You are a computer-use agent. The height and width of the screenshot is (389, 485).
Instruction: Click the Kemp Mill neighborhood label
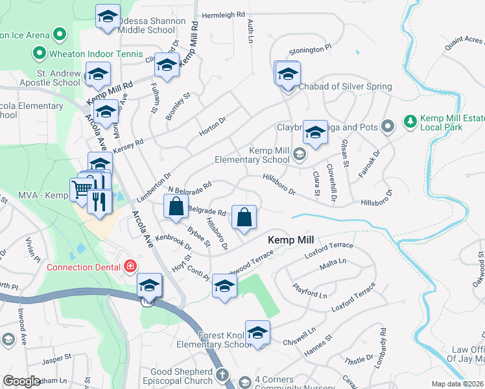coord(291,240)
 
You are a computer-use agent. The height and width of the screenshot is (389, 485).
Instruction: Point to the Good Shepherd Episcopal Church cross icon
coord(222,375)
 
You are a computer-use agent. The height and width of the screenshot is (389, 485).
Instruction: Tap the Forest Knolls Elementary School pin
coord(257,333)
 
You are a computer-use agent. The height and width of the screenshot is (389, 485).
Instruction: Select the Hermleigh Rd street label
coord(223,14)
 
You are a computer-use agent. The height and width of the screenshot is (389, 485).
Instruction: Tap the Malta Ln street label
coord(333,262)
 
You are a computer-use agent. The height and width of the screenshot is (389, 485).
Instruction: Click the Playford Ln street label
coord(309,290)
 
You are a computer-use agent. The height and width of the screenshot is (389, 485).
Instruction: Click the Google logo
coord(21,381)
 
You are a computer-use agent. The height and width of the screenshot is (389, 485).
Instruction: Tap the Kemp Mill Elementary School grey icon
coord(299,154)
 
